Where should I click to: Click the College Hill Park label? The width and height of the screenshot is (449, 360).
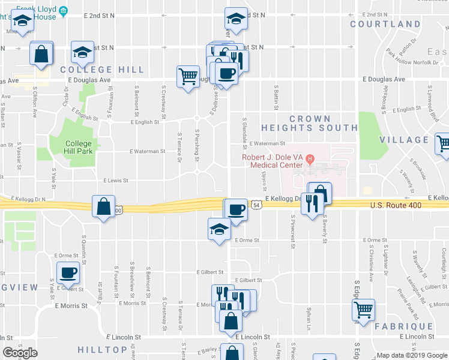tap(79, 148)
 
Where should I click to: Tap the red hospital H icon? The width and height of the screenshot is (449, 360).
tap(310, 159)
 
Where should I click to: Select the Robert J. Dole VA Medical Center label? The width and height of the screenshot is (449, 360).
tap(273, 161)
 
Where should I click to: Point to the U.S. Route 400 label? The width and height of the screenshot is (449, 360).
tap(396, 206)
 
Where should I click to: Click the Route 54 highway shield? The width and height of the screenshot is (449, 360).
tap(256, 205)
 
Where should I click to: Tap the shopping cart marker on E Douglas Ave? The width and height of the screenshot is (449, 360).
tap(188, 76)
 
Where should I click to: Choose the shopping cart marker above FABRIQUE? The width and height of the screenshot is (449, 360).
tap(363, 310)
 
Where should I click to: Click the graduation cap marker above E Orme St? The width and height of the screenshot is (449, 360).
tap(218, 229)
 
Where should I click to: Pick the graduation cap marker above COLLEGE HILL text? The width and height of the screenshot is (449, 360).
tap(82, 52)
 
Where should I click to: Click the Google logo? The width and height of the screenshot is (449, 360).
tap(20, 353)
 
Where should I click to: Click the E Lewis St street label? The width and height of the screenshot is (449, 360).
tap(117, 180)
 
